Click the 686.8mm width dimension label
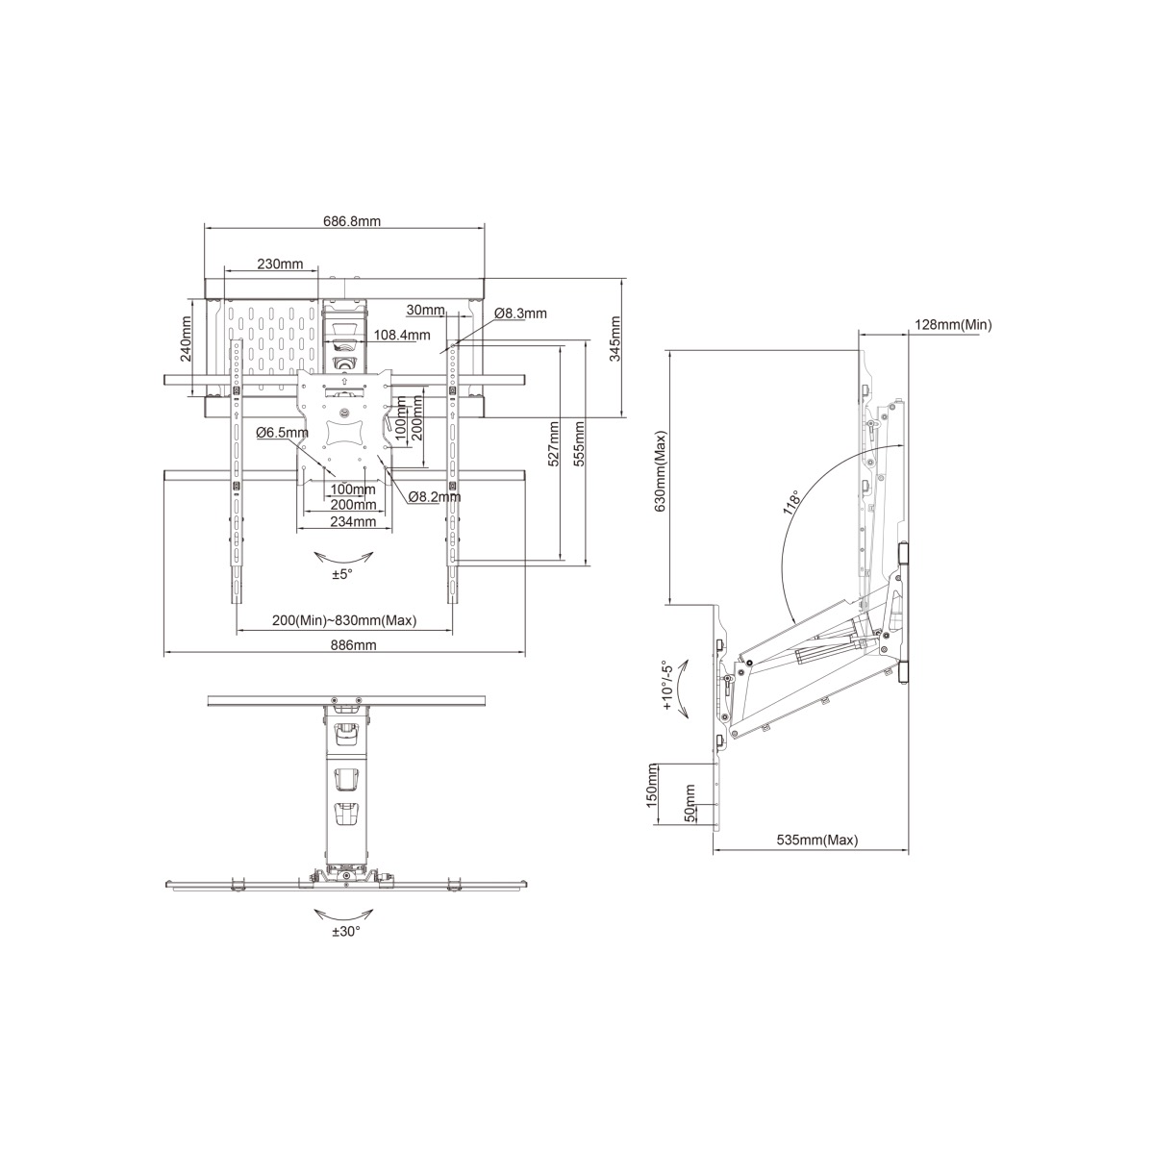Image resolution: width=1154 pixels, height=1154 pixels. pyautogui.click(x=352, y=221)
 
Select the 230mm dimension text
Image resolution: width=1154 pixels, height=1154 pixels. pyautogui.click(x=280, y=263)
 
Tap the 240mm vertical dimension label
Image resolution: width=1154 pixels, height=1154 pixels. pyautogui.click(x=187, y=347)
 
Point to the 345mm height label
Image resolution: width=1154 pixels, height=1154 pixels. pyautogui.click(x=615, y=339)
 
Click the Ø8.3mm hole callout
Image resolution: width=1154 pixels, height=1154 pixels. pyautogui.click(x=520, y=314)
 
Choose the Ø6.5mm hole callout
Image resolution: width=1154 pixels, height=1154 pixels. pyautogui.click(x=282, y=432)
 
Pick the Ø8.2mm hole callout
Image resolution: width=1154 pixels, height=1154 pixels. pyautogui.click(x=435, y=496)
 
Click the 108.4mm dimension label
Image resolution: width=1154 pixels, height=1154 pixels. pyautogui.click(x=402, y=335)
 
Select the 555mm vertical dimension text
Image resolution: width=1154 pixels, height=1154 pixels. pyautogui.click(x=579, y=443)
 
